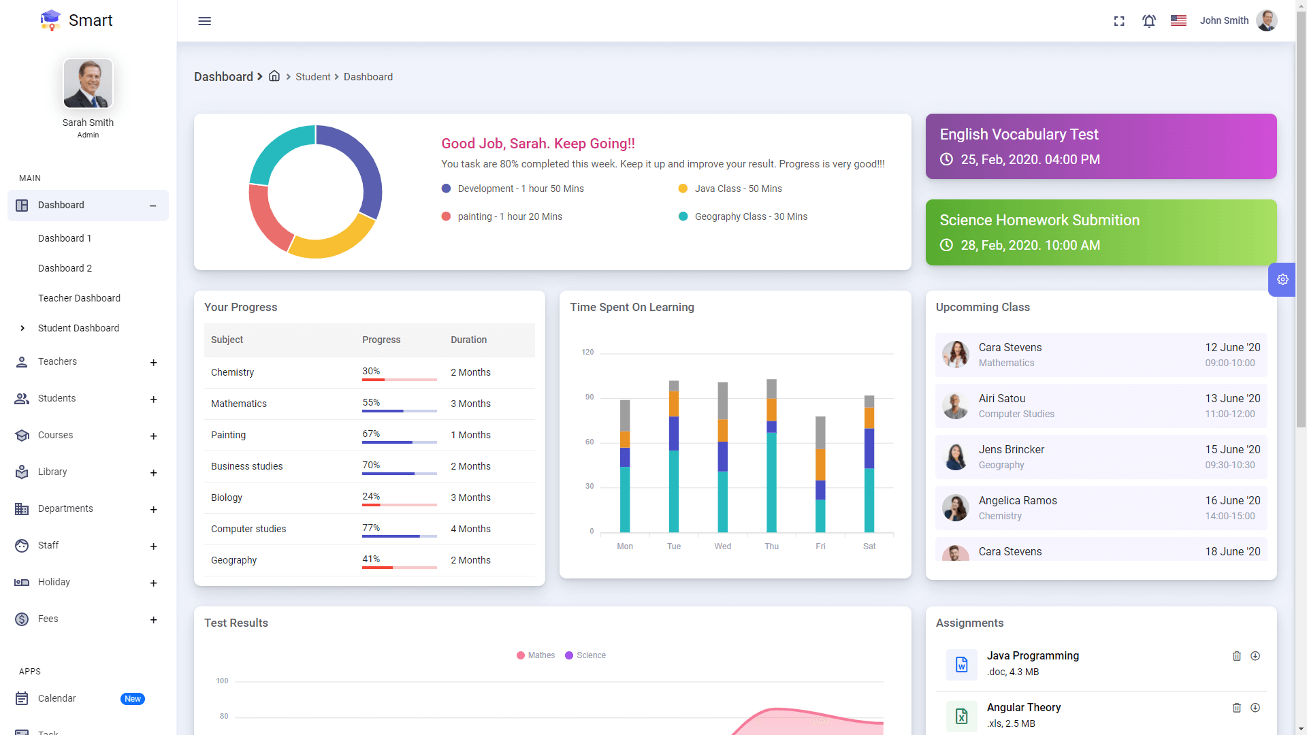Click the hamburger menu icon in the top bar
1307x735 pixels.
point(204,21)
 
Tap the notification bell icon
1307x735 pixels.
point(1149,21)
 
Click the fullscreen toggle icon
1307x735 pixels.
point(1119,21)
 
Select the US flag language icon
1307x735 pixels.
point(1178,20)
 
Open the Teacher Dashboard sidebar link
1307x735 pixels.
point(79,298)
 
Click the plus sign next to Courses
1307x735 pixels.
point(153,436)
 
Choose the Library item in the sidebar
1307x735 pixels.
point(52,472)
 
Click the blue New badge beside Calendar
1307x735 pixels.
point(133,699)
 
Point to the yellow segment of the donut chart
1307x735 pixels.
point(332,242)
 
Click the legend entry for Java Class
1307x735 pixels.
point(738,189)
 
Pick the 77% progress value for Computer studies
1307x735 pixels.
point(371,527)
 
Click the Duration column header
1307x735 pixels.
point(468,340)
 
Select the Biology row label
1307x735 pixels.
point(227,497)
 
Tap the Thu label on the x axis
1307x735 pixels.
point(771,546)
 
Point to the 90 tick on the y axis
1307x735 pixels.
point(590,397)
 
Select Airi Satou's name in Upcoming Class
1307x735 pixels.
point(1002,398)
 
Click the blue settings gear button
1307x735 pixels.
point(1282,280)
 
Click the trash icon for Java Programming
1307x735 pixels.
point(1237,656)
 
